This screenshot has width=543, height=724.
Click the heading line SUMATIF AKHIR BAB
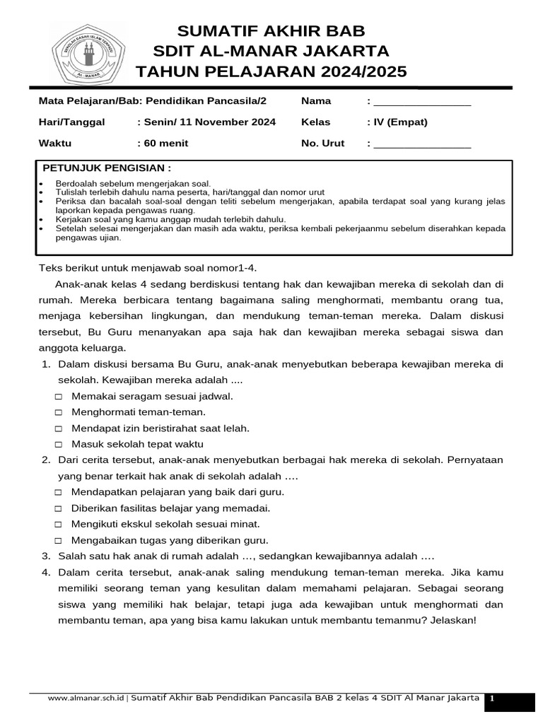271,31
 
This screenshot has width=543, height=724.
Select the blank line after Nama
422,105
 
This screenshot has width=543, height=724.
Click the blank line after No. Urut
422,147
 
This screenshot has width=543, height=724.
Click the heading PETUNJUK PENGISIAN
107,168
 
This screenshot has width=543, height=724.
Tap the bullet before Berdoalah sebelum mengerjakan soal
41,183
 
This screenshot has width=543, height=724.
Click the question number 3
45,556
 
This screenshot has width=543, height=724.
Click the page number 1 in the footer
492,699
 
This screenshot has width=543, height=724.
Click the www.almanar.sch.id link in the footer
86,699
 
